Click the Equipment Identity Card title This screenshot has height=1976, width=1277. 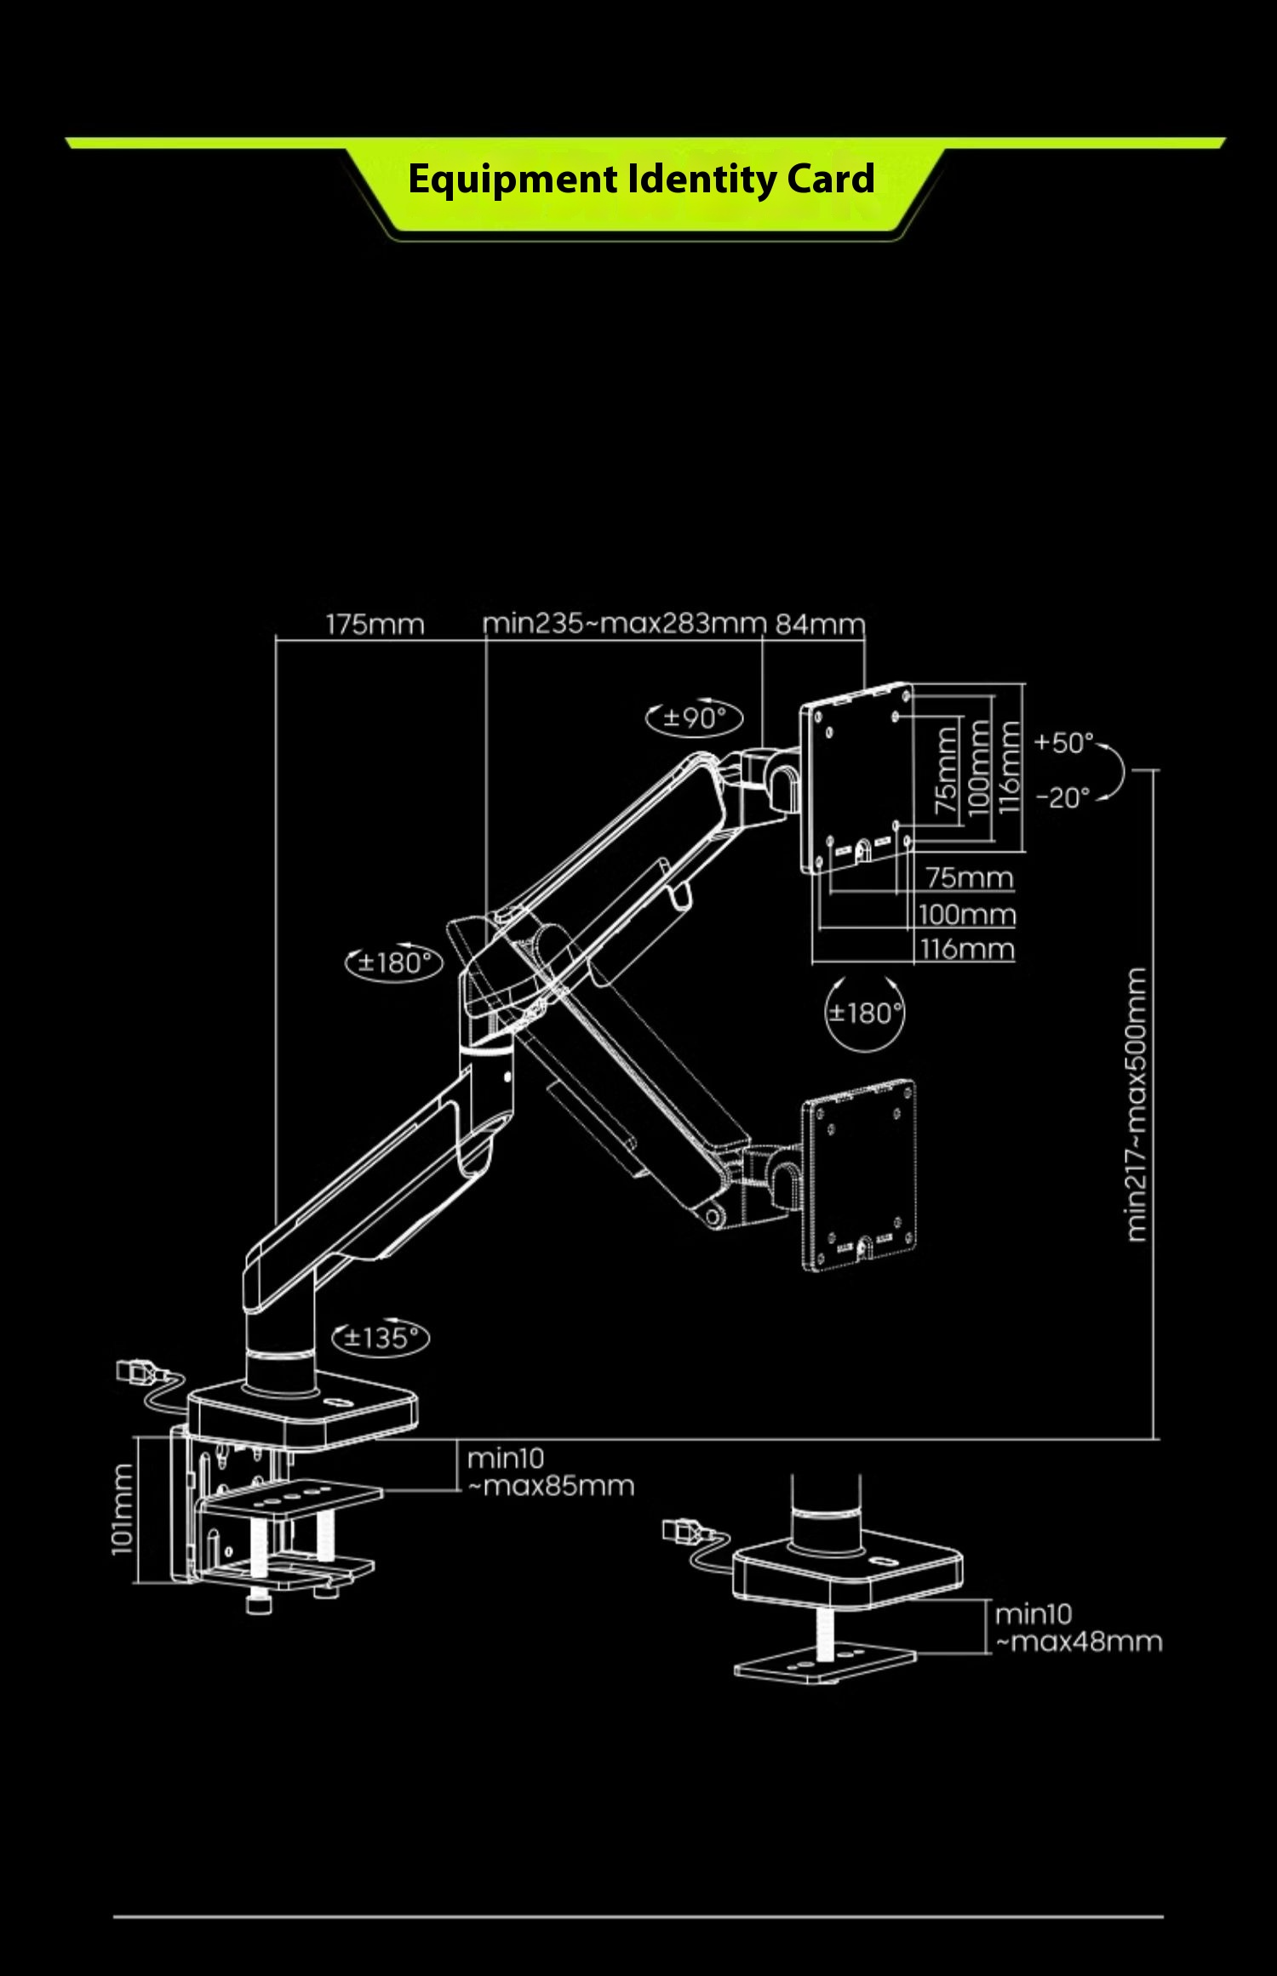click(641, 180)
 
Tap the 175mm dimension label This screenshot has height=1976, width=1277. click(375, 625)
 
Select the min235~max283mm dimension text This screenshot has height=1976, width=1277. click(624, 624)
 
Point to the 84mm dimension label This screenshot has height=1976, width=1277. click(819, 625)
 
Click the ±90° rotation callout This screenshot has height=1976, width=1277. click(695, 718)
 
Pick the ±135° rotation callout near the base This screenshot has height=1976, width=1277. click(381, 1338)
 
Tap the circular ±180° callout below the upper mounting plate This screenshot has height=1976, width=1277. click(865, 1013)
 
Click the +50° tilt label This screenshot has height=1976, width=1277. click(1063, 743)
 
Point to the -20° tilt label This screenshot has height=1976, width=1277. click(1062, 798)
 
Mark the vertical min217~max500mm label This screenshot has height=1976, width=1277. click(1137, 1104)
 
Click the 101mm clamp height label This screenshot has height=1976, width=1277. click(123, 1509)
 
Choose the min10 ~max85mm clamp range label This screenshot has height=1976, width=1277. click(550, 1472)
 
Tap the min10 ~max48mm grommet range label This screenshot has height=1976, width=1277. click(1078, 1628)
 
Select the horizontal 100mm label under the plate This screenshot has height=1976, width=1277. click(967, 915)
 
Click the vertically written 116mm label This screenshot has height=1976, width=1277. click(1010, 767)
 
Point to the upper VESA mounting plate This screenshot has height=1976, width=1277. click(856, 778)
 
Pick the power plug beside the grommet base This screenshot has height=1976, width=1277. click(684, 1531)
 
